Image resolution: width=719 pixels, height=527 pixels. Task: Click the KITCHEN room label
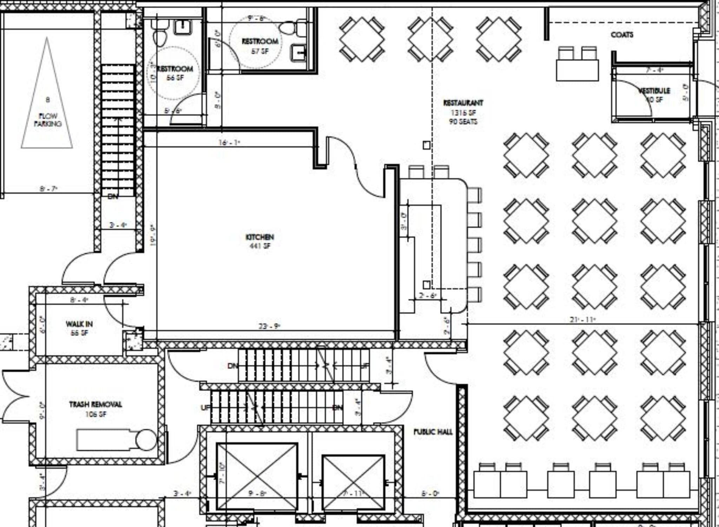click(x=259, y=237)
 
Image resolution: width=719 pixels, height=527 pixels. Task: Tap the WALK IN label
click(x=79, y=323)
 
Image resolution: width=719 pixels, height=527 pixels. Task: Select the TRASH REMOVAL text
click(x=95, y=404)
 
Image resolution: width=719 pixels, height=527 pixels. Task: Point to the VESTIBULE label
click(x=654, y=91)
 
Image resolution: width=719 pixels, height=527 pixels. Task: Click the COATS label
click(x=622, y=35)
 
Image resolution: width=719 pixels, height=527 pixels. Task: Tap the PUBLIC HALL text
click(x=433, y=432)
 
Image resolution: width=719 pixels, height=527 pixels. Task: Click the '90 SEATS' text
click(x=463, y=122)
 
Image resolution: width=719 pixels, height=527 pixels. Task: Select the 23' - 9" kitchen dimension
click(x=269, y=326)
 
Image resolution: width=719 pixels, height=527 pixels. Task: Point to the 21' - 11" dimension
click(x=583, y=320)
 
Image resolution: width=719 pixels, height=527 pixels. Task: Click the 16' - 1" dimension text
click(x=229, y=142)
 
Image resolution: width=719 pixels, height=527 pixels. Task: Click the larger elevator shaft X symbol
click(x=257, y=476)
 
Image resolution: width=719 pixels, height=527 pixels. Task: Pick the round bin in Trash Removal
click(x=146, y=440)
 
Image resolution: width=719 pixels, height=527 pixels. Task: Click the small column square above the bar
click(x=426, y=145)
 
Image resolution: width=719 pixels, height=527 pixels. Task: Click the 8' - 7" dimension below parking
click(x=48, y=189)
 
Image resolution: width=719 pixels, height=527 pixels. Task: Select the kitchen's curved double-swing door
click(x=355, y=165)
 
